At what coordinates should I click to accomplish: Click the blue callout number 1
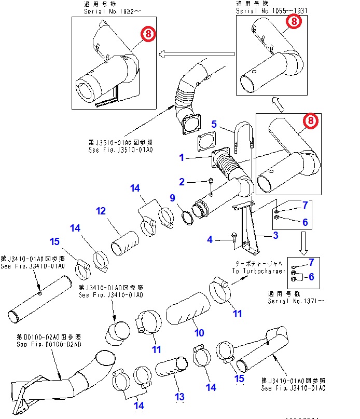tap(182, 156)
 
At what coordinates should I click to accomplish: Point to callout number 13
tap(179, 397)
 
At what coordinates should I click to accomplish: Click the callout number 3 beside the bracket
tap(276, 235)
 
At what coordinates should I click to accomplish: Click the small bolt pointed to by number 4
tap(234, 239)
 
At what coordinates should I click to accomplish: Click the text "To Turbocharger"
tap(260, 271)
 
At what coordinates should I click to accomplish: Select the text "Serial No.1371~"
tap(294, 301)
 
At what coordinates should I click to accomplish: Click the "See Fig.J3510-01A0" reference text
tap(120, 150)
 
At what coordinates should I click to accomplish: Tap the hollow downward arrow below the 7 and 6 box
tap(303, 241)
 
